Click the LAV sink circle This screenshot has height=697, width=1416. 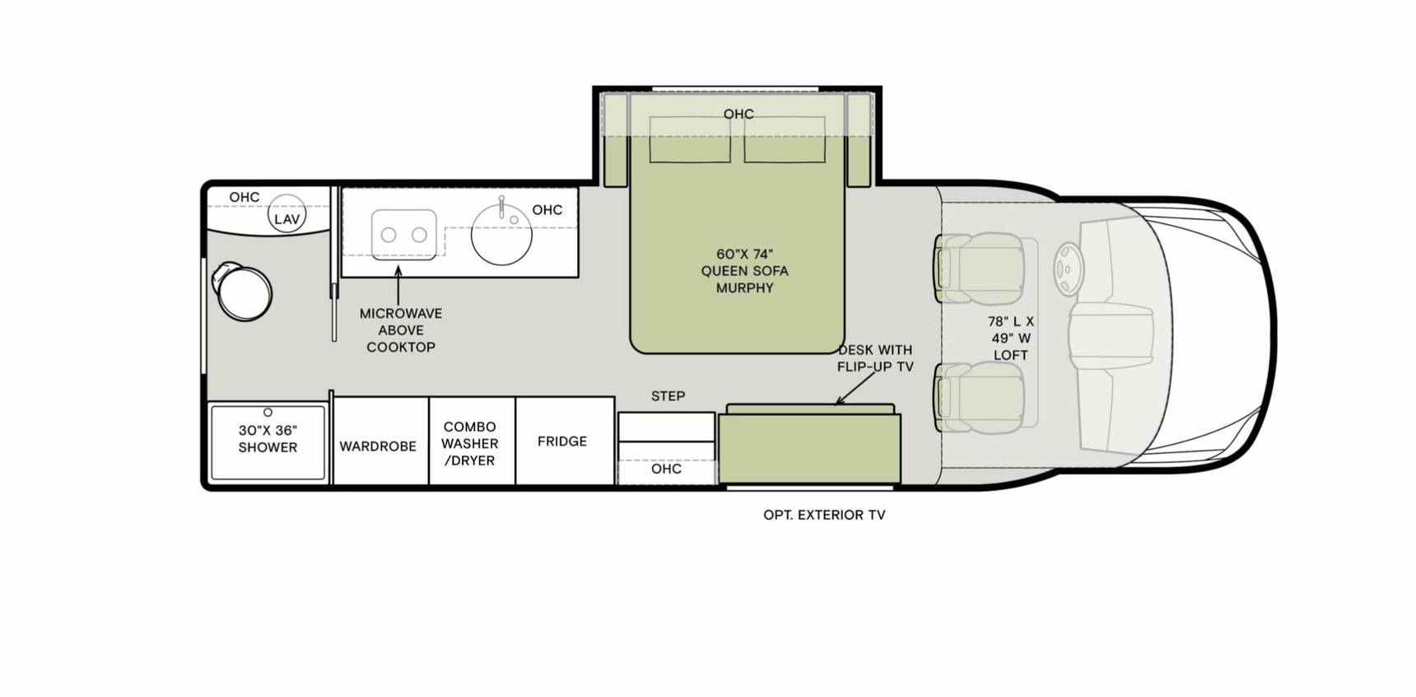click(x=286, y=214)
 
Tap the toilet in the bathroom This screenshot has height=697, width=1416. click(x=242, y=291)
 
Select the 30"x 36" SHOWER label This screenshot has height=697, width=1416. click(x=268, y=438)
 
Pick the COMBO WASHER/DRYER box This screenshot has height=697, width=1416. click(x=472, y=442)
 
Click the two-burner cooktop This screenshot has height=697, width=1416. click(x=403, y=235)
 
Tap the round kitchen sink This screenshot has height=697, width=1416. click(x=501, y=234)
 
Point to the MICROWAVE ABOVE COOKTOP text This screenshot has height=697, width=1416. click(x=401, y=330)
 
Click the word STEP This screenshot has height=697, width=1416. click(x=668, y=396)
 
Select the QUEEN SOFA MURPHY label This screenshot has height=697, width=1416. click(x=744, y=271)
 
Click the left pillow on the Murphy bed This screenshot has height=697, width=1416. click(x=690, y=139)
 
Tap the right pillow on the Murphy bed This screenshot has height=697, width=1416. click(x=785, y=139)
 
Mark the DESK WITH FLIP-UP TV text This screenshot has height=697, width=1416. click(x=875, y=358)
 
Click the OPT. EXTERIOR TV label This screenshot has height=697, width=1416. click(x=824, y=515)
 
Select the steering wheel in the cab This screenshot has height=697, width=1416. click(x=1069, y=269)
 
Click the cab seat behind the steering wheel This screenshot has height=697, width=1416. click(x=980, y=269)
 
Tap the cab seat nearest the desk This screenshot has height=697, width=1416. click(x=980, y=398)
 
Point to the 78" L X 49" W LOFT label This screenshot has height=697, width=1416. click(x=1010, y=339)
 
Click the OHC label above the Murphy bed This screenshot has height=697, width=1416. click(x=738, y=114)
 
